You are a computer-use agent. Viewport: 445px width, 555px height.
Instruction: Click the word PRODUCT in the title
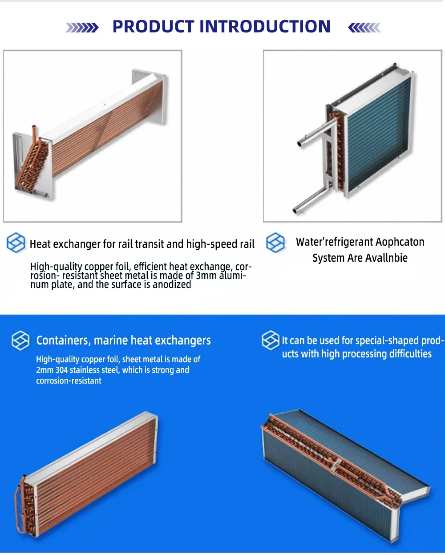click(x=154, y=26)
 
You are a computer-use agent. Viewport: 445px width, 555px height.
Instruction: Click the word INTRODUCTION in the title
click(x=265, y=26)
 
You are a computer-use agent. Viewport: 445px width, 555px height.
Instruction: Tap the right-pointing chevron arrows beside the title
click(x=82, y=28)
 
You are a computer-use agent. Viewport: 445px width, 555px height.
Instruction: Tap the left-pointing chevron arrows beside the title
click(x=364, y=28)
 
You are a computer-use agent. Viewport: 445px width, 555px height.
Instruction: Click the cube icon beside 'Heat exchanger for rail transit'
click(x=16, y=243)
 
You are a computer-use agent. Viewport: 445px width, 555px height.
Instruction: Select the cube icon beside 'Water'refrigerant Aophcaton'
click(x=275, y=243)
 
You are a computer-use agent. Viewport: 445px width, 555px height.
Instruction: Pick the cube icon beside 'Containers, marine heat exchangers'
click(x=20, y=340)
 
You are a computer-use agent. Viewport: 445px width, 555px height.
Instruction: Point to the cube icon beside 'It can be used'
click(x=271, y=340)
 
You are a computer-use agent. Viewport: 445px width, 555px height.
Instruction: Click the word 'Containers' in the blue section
click(x=64, y=340)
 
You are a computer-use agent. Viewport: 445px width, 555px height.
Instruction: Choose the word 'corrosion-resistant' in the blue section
click(x=69, y=381)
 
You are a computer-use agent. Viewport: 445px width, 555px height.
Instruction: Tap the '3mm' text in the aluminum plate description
click(x=206, y=275)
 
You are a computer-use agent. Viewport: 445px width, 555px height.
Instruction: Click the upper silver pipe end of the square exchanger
click(x=300, y=143)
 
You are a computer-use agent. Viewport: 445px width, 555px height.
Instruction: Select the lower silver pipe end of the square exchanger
click(x=295, y=211)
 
